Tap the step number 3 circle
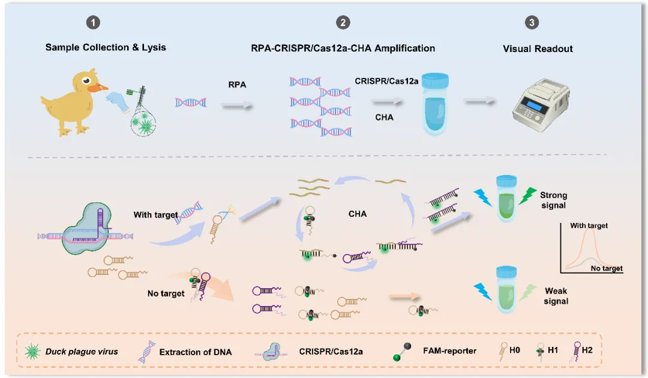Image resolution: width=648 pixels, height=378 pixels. point(532,23)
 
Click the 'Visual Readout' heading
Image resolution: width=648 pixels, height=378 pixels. point(538,49)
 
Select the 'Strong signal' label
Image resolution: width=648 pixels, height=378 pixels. point(553,201)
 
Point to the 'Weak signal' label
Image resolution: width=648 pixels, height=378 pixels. point(556,296)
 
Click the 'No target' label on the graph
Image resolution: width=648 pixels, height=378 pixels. point(607,268)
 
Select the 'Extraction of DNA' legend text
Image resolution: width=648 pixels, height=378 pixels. point(196,352)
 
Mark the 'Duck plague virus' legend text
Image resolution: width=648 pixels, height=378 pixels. point(82,352)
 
